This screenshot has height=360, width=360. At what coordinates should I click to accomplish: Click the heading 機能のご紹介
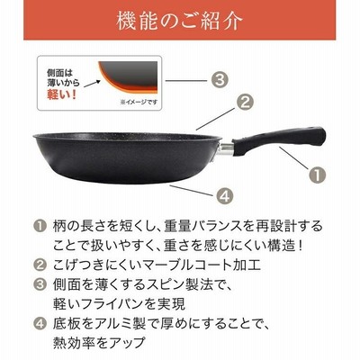click(179, 21)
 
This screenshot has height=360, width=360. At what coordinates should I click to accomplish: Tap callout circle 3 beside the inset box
click(220, 80)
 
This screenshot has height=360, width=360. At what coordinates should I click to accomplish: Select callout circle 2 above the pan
click(245, 103)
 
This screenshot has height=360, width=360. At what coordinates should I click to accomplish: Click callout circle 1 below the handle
click(317, 174)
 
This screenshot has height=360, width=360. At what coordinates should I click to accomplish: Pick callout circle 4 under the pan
click(225, 195)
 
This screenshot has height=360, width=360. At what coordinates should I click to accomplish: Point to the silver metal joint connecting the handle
click(227, 149)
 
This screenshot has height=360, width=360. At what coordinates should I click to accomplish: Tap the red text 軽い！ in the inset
click(62, 94)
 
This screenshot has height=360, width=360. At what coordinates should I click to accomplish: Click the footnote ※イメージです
click(139, 102)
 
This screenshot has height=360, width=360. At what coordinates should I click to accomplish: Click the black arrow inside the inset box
click(92, 84)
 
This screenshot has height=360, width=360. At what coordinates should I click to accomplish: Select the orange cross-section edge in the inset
click(120, 85)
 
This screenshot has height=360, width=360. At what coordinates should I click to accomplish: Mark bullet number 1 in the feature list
click(40, 226)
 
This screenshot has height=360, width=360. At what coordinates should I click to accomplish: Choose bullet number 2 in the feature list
click(40, 265)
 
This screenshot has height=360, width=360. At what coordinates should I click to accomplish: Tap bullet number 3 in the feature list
click(40, 284)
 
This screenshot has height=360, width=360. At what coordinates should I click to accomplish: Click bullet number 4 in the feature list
click(40, 323)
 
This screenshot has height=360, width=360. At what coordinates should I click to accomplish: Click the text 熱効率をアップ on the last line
click(99, 343)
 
